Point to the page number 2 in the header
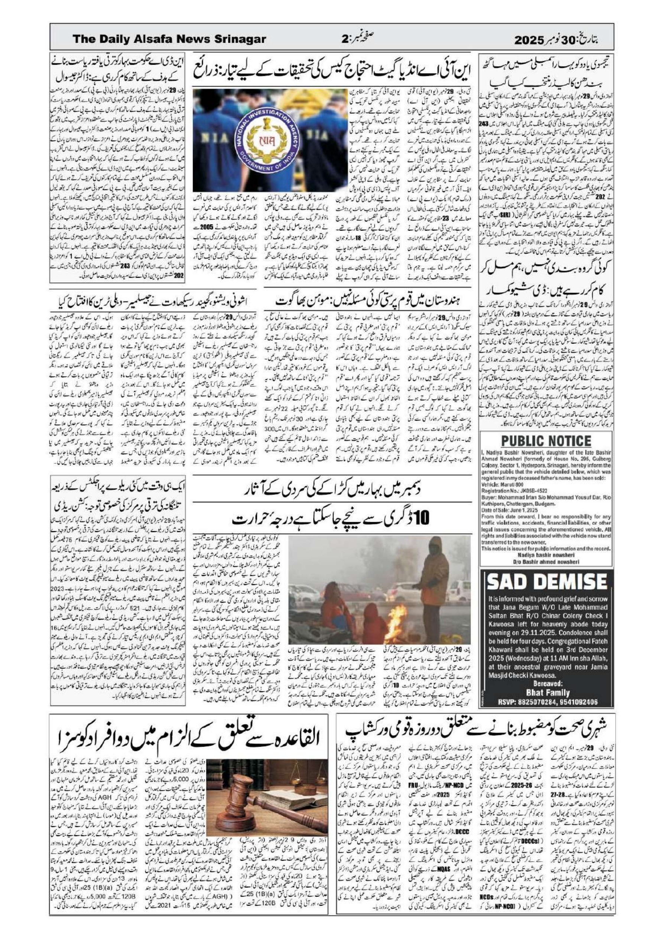tap(344, 40)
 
